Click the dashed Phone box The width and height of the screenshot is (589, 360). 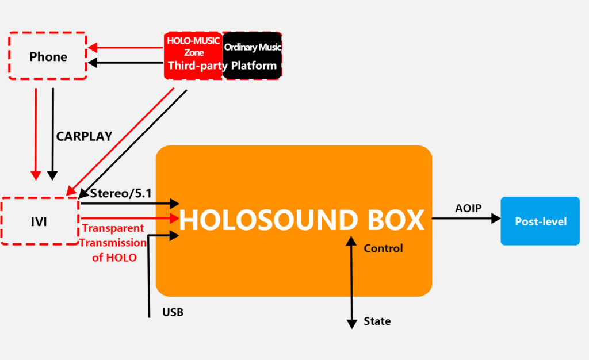[x=48, y=56]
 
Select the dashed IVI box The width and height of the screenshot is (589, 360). [x=40, y=221]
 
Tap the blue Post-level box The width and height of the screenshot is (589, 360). [x=540, y=221]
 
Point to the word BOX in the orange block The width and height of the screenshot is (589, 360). [x=393, y=221]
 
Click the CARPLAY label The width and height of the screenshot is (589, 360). [x=84, y=136]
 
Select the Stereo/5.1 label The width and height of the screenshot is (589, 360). [x=121, y=193]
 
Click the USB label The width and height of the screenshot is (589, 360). [x=173, y=313]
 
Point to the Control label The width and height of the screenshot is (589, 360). [x=383, y=248]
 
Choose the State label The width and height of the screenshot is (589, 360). [x=377, y=321]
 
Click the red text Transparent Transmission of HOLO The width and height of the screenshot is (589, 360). [x=114, y=243]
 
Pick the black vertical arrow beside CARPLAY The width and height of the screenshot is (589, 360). [x=53, y=132]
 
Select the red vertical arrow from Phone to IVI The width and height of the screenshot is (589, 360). [x=36, y=132]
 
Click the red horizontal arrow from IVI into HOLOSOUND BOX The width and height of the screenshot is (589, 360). [x=129, y=218]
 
